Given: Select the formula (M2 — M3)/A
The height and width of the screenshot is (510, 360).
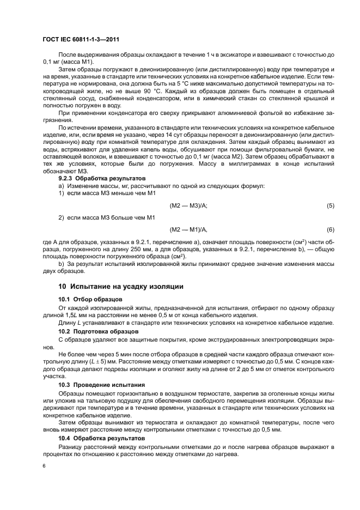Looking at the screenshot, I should point(188,205).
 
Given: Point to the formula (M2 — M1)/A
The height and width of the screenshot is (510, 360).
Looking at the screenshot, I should point(188,229).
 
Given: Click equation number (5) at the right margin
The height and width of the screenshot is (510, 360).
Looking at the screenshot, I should point(330,205).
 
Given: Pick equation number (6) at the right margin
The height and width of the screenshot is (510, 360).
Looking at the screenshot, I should point(330,229).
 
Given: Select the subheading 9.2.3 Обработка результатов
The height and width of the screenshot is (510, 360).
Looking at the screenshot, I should point(100,178).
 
